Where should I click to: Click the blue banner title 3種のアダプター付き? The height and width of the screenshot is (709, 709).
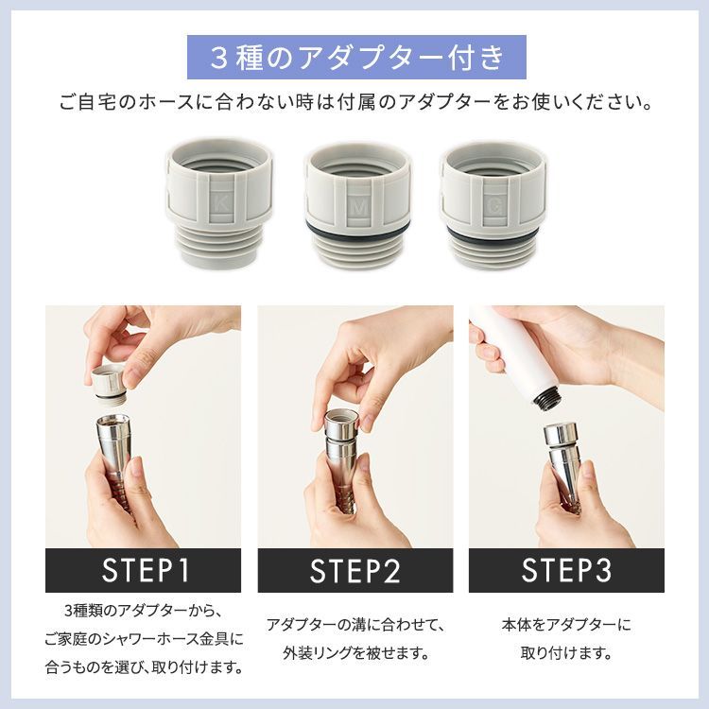[x=355, y=58]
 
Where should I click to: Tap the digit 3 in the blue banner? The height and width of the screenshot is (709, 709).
[x=217, y=58]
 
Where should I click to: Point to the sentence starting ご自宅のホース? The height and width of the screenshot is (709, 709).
[x=355, y=101]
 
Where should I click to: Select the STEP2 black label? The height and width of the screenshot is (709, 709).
[x=355, y=570]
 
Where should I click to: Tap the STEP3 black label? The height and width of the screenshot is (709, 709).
[x=566, y=570]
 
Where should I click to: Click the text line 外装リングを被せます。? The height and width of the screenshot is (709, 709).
[x=355, y=653]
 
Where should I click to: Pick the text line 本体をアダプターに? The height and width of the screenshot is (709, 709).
[x=566, y=625]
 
